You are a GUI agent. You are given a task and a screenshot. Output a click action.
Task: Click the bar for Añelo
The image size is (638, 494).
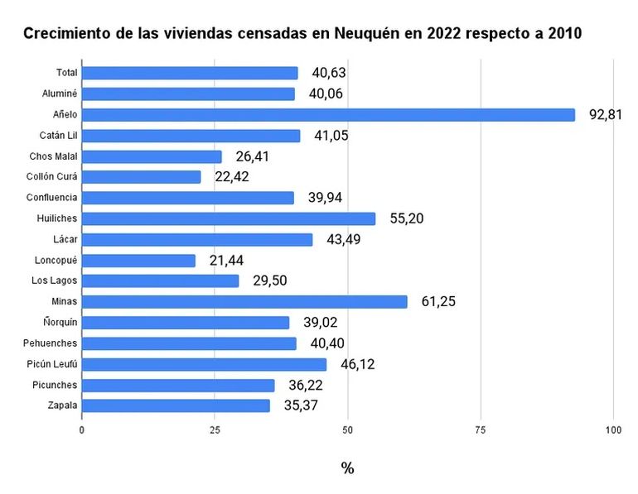tap(328, 115)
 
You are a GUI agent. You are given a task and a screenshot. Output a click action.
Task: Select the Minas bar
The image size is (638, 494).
tap(244, 302)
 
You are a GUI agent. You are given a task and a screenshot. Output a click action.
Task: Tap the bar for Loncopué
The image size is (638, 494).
tap(138, 261)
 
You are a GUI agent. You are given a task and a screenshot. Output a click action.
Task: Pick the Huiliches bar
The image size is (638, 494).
tap(229, 218)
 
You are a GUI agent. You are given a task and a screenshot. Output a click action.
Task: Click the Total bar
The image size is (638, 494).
tap(190, 73)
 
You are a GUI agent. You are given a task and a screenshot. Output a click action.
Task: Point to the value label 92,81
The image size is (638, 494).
tap(606, 115)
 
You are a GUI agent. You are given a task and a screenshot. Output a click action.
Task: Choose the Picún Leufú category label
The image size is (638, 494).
tap(52, 364)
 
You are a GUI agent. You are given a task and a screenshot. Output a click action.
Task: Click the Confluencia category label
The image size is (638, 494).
tap(52, 198)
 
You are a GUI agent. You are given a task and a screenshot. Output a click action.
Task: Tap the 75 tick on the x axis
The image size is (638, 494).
tap(481, 431)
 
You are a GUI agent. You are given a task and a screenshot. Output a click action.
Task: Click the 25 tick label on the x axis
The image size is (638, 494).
tap(215, 431)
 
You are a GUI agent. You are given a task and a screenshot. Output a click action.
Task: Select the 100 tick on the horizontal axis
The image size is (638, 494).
tap(613, 431)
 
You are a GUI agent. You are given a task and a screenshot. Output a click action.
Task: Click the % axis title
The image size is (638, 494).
tap(347, 468)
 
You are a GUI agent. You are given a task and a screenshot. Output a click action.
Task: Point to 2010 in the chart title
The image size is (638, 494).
tap(563, 35)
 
